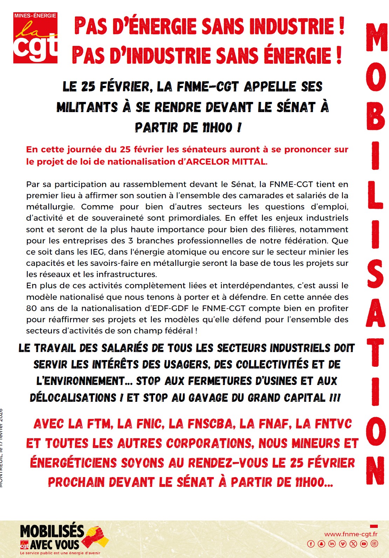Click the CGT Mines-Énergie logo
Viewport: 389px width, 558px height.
(x=35, y=38)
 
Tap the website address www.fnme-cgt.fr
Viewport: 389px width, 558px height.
(x=351, y=534)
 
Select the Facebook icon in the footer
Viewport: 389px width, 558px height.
(x=310, y=544)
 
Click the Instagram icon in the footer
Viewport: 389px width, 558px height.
(x=374, y=544)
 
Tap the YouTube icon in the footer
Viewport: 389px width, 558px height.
(x=364, y=544)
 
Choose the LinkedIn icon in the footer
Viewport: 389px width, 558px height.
(x=332, y=544)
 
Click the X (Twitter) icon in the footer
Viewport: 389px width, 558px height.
(x=353, y=544)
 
